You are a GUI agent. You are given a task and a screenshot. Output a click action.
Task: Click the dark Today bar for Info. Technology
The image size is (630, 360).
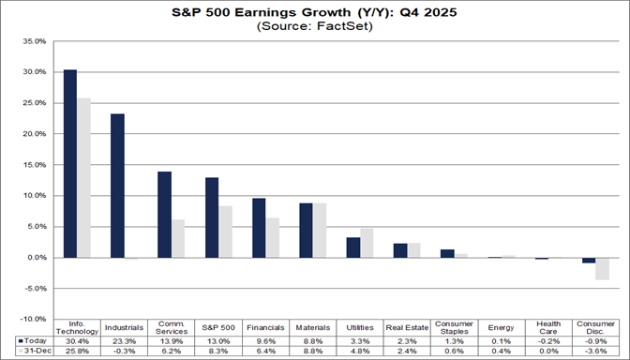70,163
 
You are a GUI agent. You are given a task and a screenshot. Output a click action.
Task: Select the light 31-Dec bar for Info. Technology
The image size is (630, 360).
83,177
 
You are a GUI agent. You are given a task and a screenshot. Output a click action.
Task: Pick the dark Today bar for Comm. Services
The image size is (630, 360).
164,215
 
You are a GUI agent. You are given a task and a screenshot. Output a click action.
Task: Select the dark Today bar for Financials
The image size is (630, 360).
258,228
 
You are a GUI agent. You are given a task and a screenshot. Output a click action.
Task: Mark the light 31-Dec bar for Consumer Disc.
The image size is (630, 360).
601,268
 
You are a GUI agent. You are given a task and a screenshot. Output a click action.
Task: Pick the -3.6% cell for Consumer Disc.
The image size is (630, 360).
594,352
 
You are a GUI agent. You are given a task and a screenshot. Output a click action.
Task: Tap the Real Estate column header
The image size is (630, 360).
406,326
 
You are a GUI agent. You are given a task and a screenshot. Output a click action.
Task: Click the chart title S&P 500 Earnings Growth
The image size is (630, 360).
315,13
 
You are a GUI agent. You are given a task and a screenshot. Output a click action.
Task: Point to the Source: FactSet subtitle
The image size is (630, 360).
315,27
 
